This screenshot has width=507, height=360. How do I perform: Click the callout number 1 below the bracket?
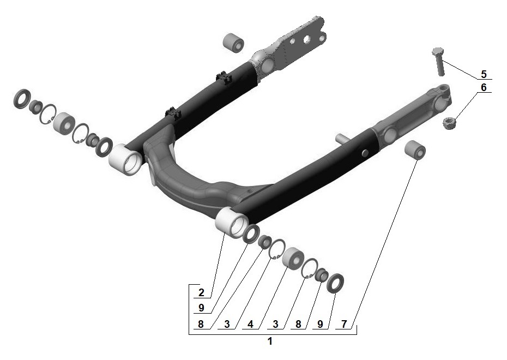(270, 342)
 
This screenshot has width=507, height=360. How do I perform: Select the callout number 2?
(201, 292)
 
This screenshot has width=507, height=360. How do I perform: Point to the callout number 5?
(483, 74)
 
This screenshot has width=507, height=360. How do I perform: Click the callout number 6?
(483, 87)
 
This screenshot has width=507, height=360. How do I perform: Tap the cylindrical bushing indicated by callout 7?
(415, 149)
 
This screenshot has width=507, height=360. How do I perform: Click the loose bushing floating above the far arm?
(234, 43)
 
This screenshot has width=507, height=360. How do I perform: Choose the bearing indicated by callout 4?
(294, 257)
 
